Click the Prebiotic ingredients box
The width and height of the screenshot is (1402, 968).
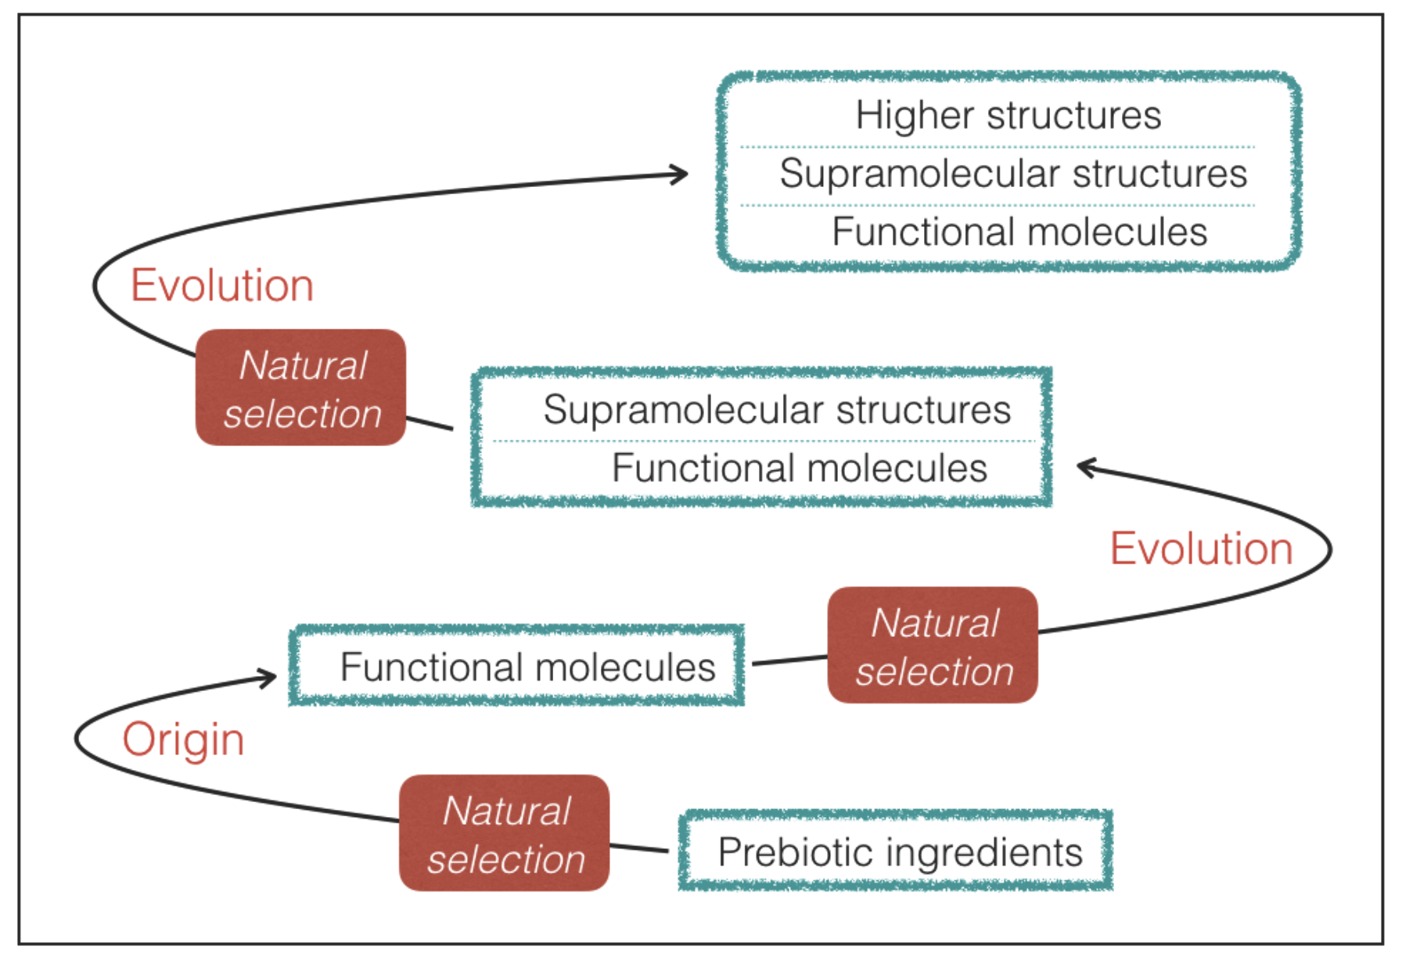896,851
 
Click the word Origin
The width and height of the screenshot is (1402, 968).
183,739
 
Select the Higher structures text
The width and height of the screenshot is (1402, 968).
1008,115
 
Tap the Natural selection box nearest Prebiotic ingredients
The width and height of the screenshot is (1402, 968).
505,833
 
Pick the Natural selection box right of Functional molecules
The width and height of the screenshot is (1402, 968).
933,646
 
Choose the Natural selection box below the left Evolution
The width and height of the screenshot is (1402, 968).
301,388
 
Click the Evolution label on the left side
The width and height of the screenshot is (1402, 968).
221,285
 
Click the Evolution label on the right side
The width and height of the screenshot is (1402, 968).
1201,549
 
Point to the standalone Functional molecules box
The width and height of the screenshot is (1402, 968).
517,667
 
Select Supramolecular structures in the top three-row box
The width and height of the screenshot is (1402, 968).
1012,173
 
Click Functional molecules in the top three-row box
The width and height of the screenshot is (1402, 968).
1019,232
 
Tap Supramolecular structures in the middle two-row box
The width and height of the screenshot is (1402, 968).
776,409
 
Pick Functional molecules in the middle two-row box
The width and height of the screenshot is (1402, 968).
799,468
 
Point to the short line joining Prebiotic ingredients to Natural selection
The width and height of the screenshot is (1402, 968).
638,847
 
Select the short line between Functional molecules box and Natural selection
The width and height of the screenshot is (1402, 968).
789,660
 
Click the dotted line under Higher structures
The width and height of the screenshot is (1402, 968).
997,146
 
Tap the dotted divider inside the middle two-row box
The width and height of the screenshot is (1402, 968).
763,441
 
